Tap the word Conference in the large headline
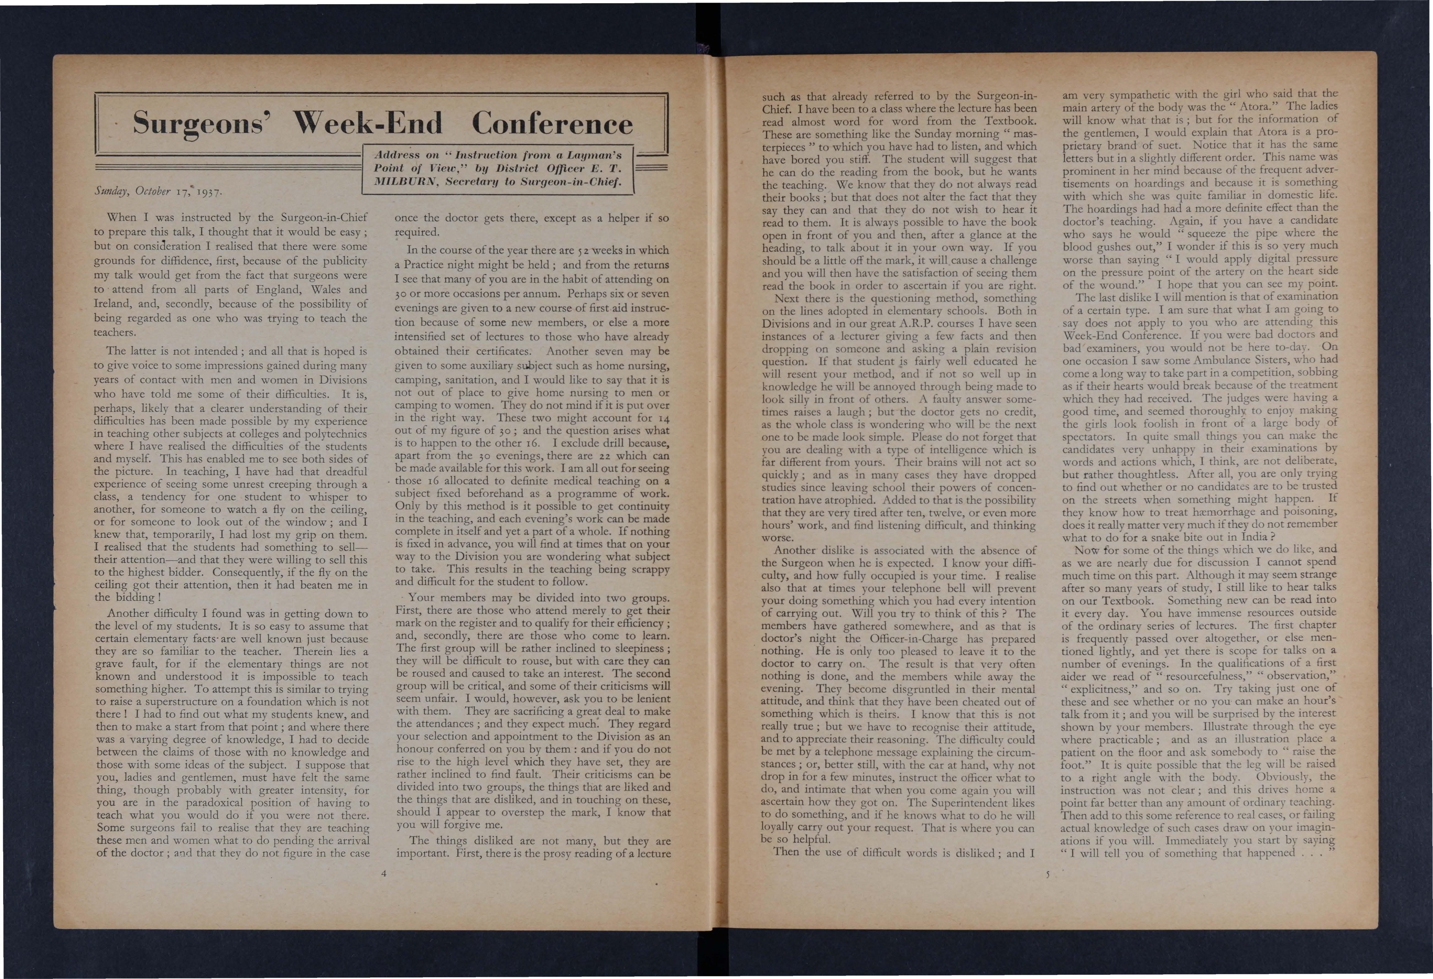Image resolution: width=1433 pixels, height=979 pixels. point(552,123)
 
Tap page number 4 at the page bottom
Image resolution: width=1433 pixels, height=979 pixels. point(384,872)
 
